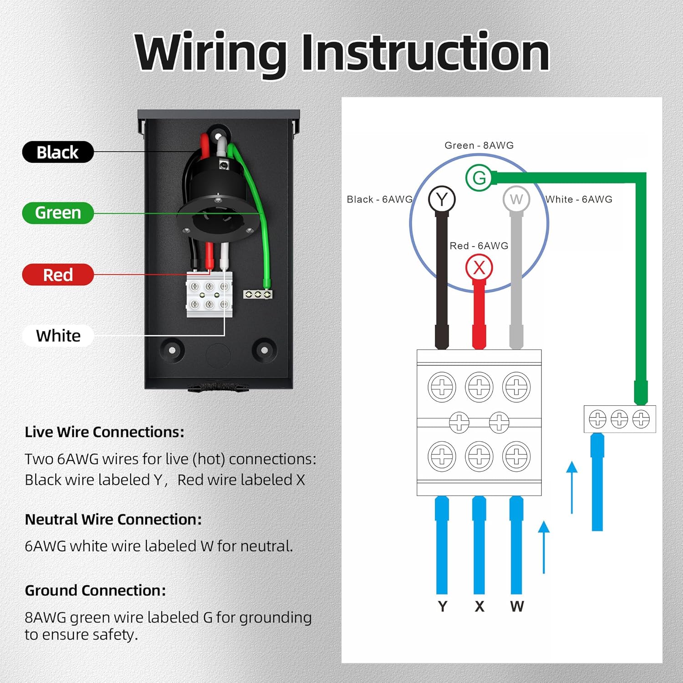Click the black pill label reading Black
(58, 152)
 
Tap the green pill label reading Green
(58, 213)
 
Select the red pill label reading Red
(58, 275)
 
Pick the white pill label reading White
(58, 336)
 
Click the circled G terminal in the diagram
(479, 178)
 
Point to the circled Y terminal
(442, 199)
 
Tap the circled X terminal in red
(479, 267)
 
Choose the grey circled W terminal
(516, 199)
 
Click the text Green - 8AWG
(479, 145)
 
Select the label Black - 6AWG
(380, 199)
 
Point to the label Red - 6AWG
(479, 246)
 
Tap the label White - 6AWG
(579, 199)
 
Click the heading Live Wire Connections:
(105, 432)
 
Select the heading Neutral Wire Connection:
(113, 520)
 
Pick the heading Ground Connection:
(96, 591)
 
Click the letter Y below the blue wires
(443, 607)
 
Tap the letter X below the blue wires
(479, 607)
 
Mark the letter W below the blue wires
(517, 607)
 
